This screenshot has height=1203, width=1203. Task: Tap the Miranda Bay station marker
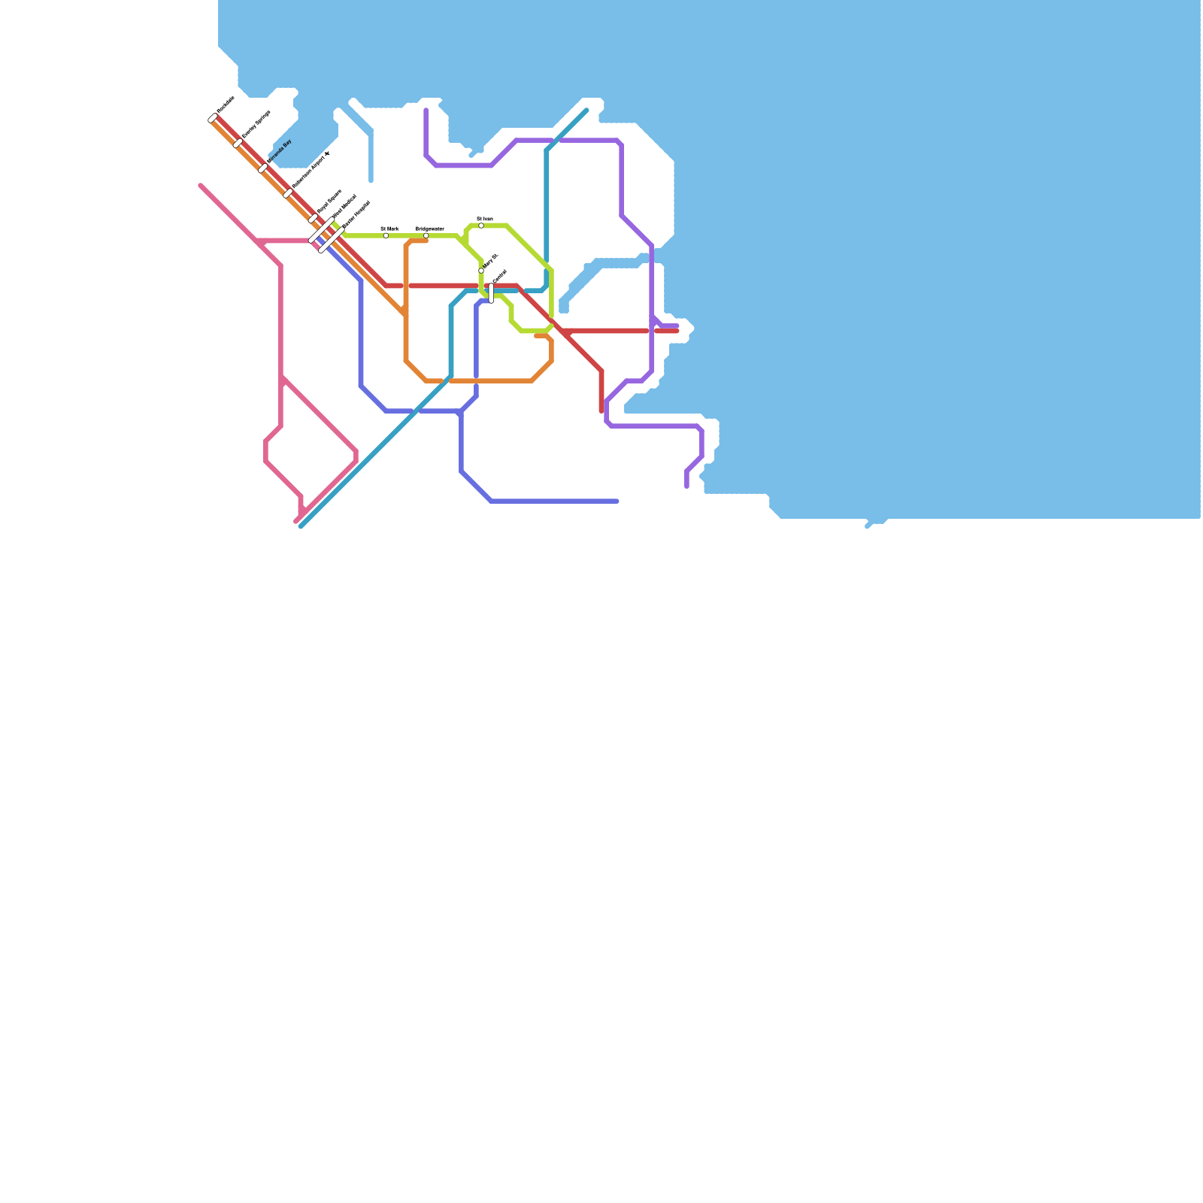[263, 168]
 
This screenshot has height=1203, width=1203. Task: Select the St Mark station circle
[386, 235]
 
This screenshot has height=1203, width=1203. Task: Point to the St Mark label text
[389, 228]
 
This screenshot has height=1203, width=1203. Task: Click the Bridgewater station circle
[426, 235]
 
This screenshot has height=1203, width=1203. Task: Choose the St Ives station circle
[481, 226]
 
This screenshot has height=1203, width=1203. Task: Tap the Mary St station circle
[481, 271]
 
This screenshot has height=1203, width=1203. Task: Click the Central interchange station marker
[492, 293]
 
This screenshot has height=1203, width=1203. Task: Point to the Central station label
[500, 276]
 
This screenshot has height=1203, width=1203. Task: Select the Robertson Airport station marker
[288, 193]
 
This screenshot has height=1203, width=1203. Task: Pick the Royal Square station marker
[314, 219]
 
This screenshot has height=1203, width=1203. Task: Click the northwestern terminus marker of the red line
[214, 118]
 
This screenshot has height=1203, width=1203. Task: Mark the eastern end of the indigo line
[617, 502]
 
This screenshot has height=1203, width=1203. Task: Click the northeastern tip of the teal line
[586, 111]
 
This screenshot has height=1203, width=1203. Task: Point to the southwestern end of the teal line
[301, 526]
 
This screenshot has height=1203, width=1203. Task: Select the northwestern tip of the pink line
[201, 185]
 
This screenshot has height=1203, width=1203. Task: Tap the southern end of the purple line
[687, 486]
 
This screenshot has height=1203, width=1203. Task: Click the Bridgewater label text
[430, 228]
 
